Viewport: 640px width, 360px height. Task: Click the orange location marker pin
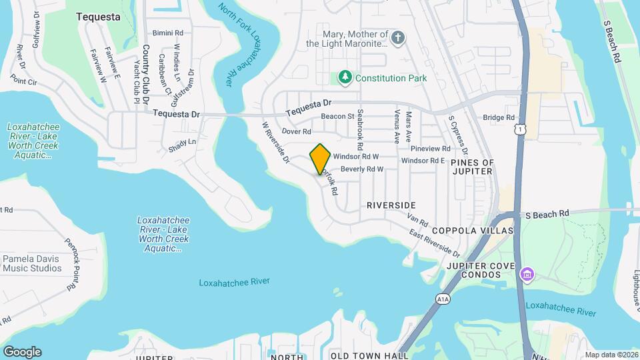tap(320, 159)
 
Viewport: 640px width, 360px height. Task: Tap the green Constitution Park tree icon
tap(345, 78)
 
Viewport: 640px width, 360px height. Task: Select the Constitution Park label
tap(391, 78)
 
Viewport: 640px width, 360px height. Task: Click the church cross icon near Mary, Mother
tap(398, 37)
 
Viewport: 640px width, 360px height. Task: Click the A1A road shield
tap(443, 300)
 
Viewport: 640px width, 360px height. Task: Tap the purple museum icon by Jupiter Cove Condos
tap(527, 274)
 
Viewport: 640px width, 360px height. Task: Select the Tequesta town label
tap(98, 17)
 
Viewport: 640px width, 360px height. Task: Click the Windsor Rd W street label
tap(356, 156)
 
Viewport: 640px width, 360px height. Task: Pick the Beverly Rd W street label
tap(362, 169)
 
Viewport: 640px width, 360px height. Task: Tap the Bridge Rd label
tap(499, 117)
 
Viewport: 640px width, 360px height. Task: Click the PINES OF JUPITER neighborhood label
tap(473, 167)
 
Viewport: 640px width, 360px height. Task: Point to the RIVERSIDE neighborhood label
tap(391, 205)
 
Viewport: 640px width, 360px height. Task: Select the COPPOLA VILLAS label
tap(473, 231)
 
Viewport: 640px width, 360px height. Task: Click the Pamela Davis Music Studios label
tap(32, 263)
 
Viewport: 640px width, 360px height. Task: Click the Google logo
tap(22, 352)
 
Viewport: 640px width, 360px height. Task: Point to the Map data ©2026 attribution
tap(611, 355)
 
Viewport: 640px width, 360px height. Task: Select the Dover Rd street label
tap(297, 131)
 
